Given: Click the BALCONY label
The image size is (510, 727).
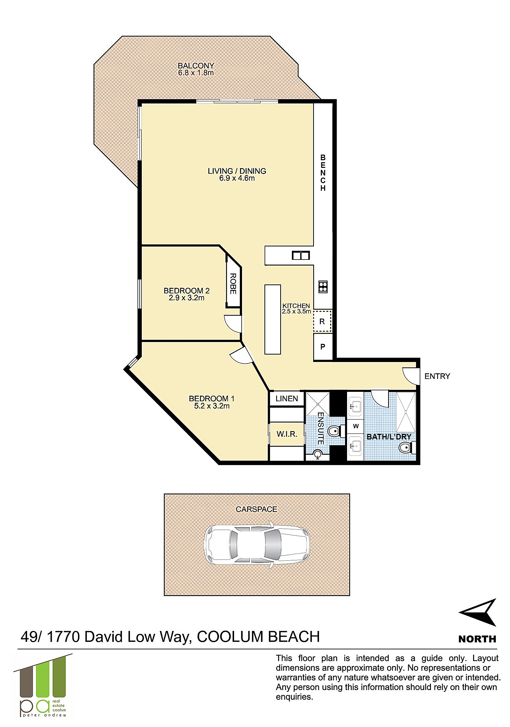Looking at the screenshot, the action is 196,66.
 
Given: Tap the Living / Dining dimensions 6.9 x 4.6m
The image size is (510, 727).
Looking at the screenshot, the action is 237,178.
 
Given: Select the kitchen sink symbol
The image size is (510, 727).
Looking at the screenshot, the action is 300,255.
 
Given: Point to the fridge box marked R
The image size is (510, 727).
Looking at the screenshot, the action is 322,321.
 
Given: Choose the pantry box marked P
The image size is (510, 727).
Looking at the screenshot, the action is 323,347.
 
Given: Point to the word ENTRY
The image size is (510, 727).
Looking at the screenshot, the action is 437,376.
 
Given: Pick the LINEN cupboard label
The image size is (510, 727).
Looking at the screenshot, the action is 287,399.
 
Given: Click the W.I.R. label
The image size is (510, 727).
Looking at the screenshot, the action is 287,434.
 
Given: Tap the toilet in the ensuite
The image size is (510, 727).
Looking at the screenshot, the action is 334,431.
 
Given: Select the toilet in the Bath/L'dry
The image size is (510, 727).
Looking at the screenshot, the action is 406,448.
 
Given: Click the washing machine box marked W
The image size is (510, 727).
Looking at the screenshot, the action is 355,426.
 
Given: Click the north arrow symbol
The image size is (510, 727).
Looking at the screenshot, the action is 478,613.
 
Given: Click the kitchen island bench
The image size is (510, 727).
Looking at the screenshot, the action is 273,319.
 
